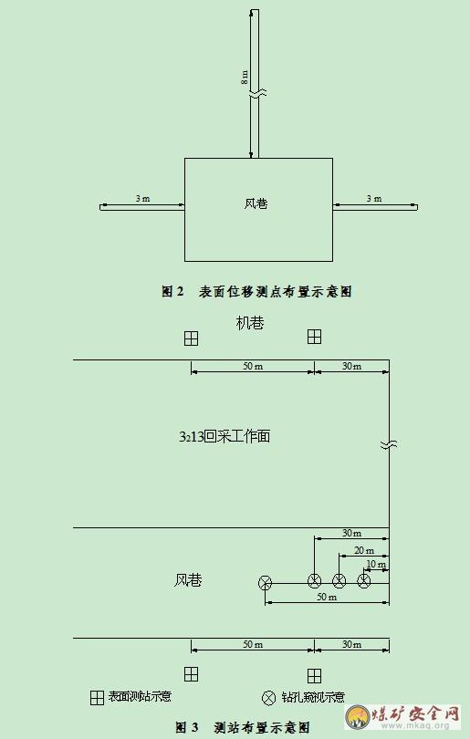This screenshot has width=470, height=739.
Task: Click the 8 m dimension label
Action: [x=245, y=77]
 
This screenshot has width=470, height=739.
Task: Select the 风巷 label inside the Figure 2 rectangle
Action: [x=256, y=203]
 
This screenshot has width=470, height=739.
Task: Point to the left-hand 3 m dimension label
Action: [x=142, y=198]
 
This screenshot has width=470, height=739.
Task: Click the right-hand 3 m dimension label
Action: [x=374, y=198]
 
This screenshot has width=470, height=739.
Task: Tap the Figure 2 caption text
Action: [x=257, y=291]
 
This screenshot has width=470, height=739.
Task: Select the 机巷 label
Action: [x=250, y=323]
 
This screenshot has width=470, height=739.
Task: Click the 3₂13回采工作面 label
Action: [x=225, y=436]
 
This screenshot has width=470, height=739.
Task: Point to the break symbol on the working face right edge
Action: [x=389, y=444]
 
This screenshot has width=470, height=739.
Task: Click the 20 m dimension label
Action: [x=364, y=550]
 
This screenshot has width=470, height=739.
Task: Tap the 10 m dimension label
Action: [x=376, y=564]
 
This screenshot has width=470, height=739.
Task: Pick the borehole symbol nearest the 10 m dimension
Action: [x=363, y=580]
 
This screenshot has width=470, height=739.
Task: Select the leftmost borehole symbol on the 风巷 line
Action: [x=266, y=583]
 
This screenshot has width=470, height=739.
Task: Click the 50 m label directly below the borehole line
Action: [x=327, y=597]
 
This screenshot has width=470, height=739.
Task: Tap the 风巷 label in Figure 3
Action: [x=188, y=579]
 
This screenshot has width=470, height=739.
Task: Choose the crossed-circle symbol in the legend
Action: [x=268, y=698]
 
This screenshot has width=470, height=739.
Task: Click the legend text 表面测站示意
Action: [x=140, y=696]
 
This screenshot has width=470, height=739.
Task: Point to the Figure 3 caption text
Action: [x=243, y=727]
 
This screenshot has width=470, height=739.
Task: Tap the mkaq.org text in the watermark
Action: [x=417, y=725]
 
